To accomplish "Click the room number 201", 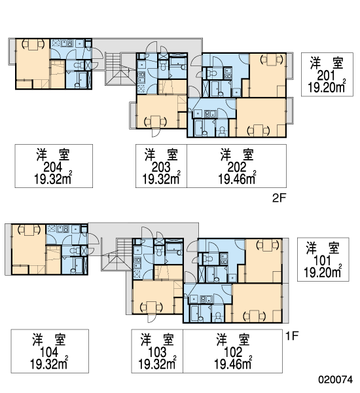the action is [x=326, y=75].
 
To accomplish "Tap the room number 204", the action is [x=53, y=167].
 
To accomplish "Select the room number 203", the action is [x=161, y=167].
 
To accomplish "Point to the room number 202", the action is [x=237, y=167].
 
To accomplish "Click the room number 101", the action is [x=323, y=261].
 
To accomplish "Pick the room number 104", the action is [x=49, y=352].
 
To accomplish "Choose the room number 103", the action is [x=157, y=352].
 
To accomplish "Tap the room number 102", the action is [x=233, y=352].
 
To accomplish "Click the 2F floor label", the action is [x=279, y=198].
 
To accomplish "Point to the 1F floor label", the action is [x=292, y=335].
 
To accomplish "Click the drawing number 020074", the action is [x=335, y=380].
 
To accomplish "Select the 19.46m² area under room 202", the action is [x=237, y=179].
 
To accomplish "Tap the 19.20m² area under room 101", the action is [x=323, y=272].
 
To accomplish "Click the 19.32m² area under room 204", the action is [x=53, y=179].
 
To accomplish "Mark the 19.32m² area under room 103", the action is [x=158, y=364].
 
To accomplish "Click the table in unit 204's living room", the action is [x=33, y=45].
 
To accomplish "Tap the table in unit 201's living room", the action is [x=272, y=60].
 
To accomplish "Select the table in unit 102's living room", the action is [x=254, y=316].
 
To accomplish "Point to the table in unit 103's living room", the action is [x=152, y=307].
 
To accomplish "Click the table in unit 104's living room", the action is [x=29, y=230].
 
